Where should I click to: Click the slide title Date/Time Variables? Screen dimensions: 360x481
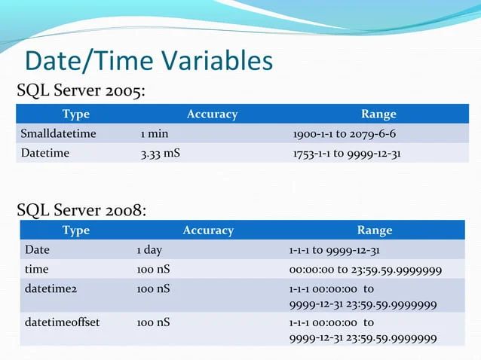coord(148,61)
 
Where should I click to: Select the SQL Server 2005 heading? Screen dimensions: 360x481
coord(81,92)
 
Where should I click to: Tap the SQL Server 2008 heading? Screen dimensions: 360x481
coord(81,210)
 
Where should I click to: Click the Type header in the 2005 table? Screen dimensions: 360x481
coord(75,114)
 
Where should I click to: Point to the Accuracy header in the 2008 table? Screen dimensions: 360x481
coord(208,230)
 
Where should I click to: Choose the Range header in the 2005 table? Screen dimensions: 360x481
coord(378,114)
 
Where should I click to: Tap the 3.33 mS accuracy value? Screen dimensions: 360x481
coord(161,154)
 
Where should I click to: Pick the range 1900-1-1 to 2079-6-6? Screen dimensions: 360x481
coord(344,134)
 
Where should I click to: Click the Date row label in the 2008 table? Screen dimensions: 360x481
coord(37,250)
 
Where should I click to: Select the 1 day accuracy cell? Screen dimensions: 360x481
coord(149,250)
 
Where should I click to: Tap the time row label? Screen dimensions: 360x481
coord(36,269)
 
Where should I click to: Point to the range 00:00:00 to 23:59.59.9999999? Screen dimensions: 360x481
coord(365,270)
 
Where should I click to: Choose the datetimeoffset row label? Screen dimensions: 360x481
coord(62,322)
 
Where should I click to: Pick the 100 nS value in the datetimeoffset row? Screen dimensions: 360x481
coord(153,322)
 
